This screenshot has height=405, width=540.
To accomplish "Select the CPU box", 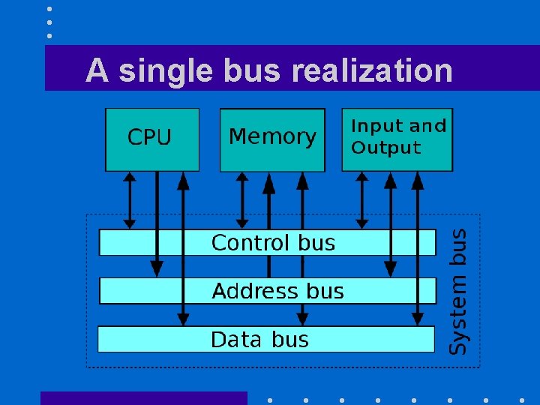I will coord(152,139).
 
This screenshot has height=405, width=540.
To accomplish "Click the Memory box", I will coord(272,139).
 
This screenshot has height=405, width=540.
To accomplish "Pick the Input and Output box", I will coord(397,139).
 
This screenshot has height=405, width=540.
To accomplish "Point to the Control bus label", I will coord(273,243).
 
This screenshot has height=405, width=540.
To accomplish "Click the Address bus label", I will coord(277,291).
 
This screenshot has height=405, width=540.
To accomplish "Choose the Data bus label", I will coord(259,340).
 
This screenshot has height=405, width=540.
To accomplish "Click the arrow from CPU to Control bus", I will coord(130,199).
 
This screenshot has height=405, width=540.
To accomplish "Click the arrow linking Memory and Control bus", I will coord(241,199).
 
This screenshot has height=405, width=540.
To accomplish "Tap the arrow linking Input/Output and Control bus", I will coord(361,199).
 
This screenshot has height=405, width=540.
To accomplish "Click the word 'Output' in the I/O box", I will coord(385,148).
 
